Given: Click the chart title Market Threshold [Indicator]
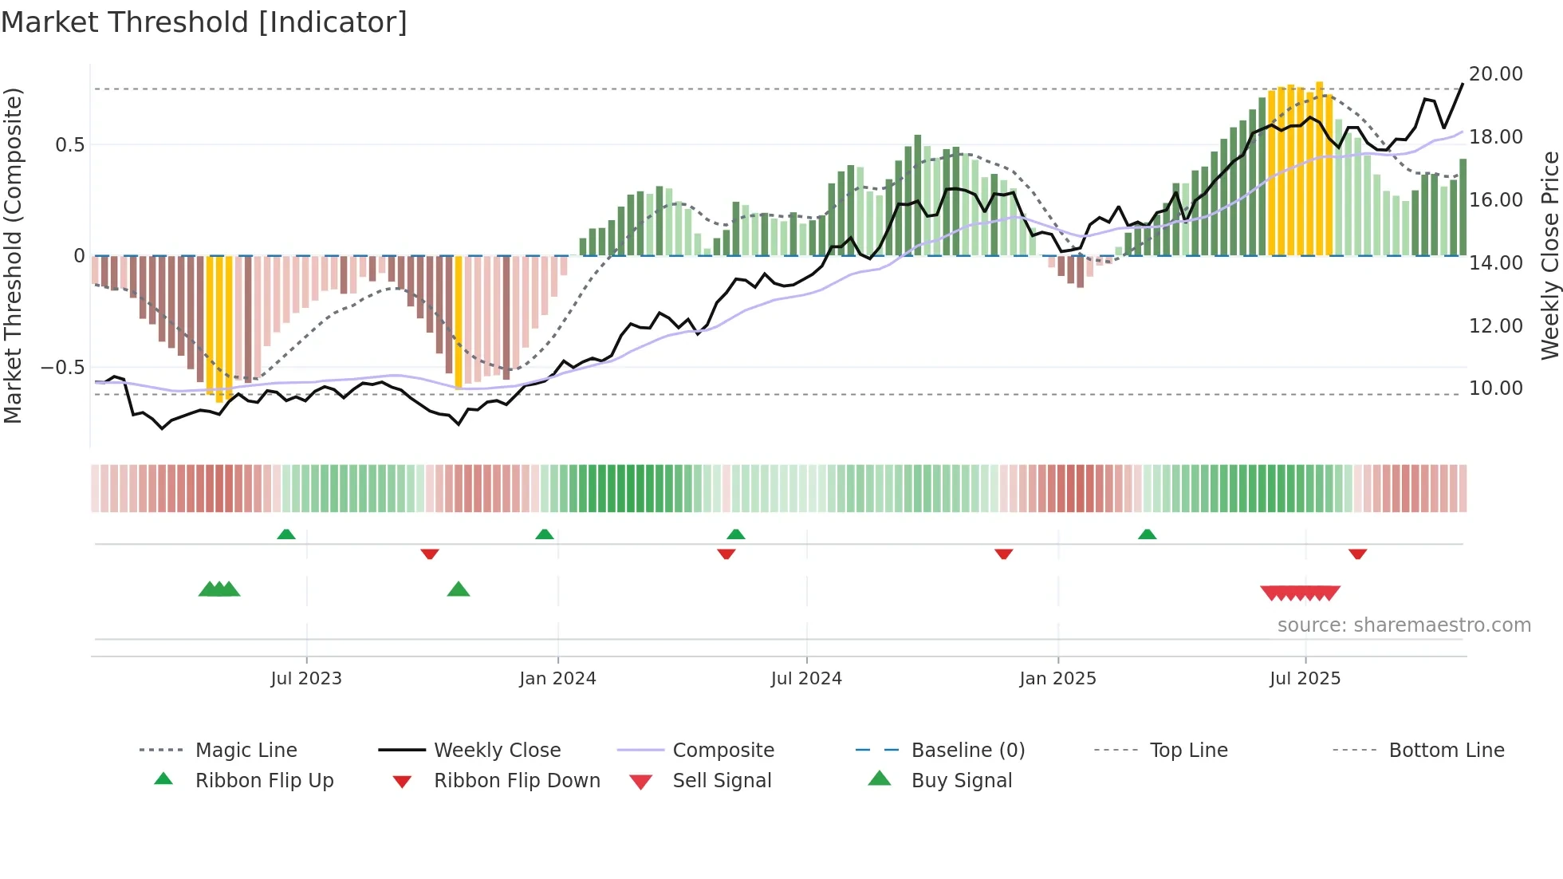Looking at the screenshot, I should [204, 22].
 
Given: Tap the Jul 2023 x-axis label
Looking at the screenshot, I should [306, 679].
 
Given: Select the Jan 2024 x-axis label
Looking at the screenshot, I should [557, 679].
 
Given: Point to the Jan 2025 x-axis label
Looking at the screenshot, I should [1057, 679].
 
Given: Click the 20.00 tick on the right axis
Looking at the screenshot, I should [1495, 74].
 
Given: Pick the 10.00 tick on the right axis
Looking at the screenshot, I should [1495, 388].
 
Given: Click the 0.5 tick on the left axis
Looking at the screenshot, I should [69, 145].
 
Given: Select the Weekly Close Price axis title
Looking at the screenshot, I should [1549, 255].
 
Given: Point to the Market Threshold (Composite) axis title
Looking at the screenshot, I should [13, 255].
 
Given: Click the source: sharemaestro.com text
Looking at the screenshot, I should [1404, 625].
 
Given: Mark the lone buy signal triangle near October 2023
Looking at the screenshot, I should [459, 590].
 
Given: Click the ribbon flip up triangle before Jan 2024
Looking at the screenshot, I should [545, 534].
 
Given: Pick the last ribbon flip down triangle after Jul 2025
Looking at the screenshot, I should [1358, 554].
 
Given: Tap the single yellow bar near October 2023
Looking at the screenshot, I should [459, 321].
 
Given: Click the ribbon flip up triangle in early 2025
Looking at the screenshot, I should [1147, 534].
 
